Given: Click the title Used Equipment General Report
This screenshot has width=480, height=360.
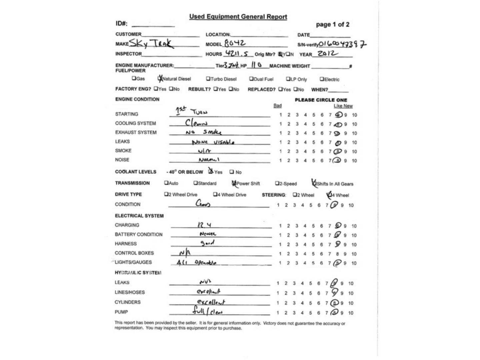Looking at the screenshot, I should coord(238,17).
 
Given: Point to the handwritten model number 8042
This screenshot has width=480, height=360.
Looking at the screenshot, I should coord(235,43).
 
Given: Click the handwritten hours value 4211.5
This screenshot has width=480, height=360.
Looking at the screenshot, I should coord(237,53).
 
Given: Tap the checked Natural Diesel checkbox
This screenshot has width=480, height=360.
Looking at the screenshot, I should coord(160,79).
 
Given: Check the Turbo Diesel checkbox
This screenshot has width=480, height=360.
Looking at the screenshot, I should coord(208,79).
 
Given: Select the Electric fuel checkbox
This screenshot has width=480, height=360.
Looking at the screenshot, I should coord(322,79).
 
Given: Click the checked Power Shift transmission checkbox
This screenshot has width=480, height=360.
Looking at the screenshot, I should coord(234,183).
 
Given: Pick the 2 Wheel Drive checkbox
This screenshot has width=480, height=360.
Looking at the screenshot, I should coord(166,194).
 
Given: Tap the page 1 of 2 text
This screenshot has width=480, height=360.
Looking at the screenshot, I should coord(332,24).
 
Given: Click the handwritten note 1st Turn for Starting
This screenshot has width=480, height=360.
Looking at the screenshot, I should coord(191,111).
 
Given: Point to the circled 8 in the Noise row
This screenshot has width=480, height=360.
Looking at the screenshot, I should coord(338,160).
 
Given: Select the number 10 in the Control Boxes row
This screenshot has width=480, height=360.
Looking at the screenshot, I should coord(354,254).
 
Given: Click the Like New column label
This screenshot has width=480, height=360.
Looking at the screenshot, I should coord(343,106).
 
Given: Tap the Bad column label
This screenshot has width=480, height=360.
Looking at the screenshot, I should coord(277,106).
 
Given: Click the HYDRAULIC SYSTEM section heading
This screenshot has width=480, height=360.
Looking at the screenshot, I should coord(138,273).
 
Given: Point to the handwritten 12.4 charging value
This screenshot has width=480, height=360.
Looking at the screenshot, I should coord(204,225).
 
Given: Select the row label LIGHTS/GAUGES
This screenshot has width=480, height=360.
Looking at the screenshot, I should coord(133,262).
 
